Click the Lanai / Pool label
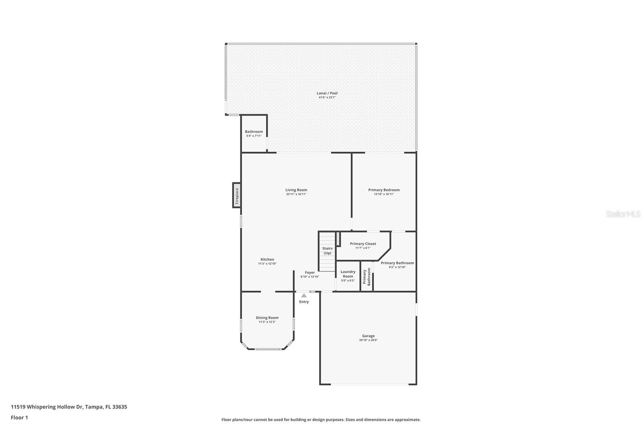point(327,93)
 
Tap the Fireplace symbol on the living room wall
point(237,196)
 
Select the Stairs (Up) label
point(327,251)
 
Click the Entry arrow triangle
point(304,296)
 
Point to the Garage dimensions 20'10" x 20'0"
point(368,340)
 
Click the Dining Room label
point(267,318)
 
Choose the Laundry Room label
point(348,274)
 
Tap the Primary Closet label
point(363,244)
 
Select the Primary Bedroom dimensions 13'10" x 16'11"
point(384,194)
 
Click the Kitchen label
point(267,259)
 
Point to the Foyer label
point(310,272)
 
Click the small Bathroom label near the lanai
point(254,132)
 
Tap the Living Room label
point(296,190)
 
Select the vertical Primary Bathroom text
point(367,277)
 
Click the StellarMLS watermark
point(623,214)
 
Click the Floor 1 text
point(19,418)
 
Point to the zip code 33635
point(120,407)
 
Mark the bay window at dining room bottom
point(268,349)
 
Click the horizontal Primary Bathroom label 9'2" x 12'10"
point(397,263)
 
